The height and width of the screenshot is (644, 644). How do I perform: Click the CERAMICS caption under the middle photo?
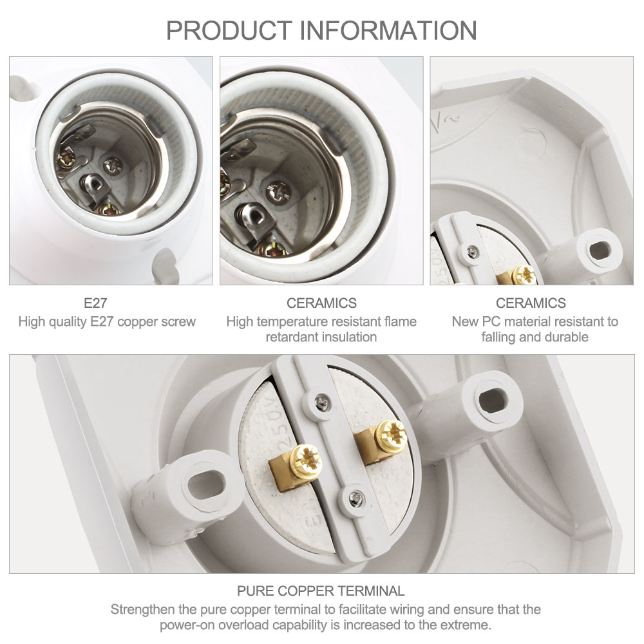point(321,303)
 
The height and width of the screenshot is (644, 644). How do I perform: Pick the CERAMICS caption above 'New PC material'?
point(531,303)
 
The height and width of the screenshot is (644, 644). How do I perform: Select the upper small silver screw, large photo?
point(318,404)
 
